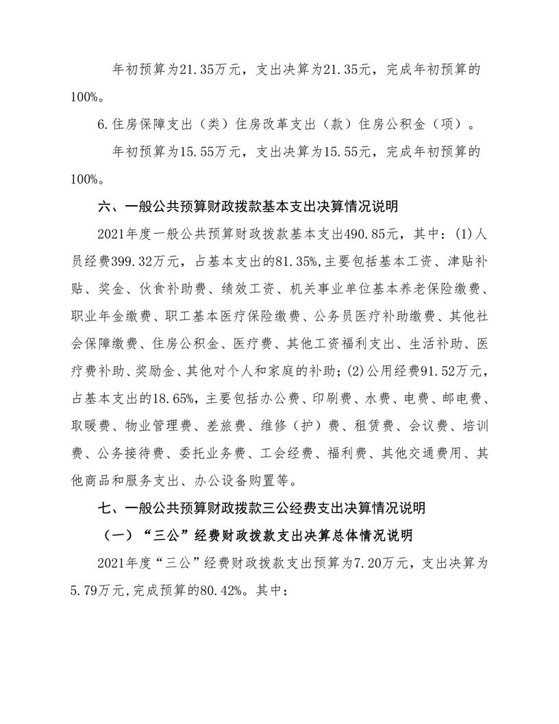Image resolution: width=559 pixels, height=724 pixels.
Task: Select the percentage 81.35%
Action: tap(290, 260)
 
